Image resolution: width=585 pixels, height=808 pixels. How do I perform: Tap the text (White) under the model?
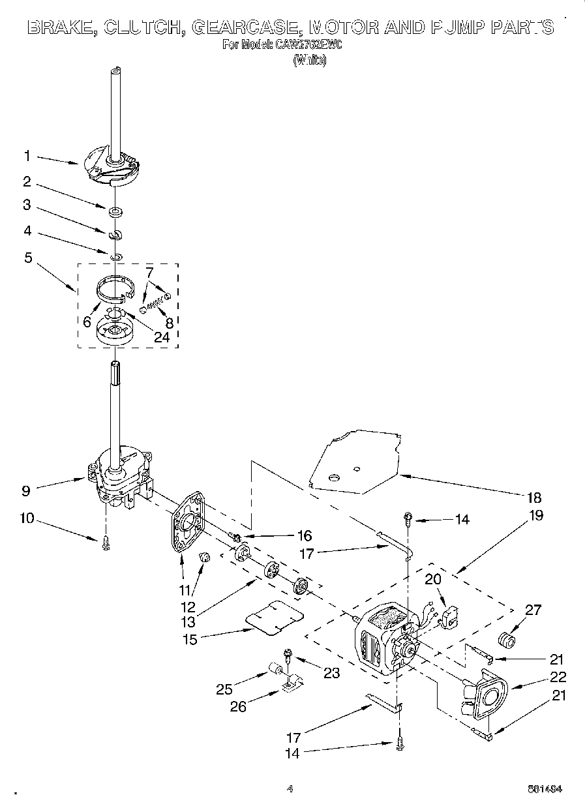(309, 61)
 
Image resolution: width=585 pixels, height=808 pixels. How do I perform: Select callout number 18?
(533, 498)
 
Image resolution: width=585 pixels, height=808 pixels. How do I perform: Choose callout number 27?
(533, 610)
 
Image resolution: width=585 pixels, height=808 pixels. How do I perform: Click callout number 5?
(28, 257)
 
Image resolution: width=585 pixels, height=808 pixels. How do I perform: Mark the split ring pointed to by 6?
(115, 287)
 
